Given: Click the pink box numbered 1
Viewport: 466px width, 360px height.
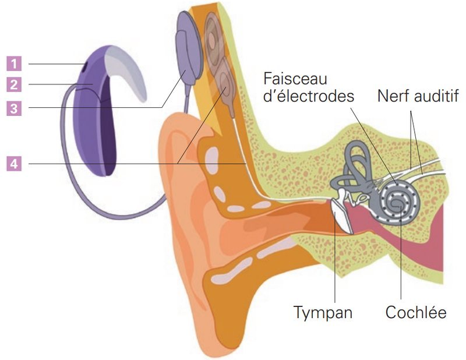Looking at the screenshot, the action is point(14,63).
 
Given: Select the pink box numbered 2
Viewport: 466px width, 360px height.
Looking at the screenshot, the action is point(14,84).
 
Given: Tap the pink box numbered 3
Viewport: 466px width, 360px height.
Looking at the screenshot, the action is point(14,108).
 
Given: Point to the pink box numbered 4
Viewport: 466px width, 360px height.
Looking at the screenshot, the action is point(14,164).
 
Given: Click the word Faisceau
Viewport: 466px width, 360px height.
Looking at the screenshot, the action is point(295,79).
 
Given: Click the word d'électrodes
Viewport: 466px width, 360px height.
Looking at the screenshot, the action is point(309,96).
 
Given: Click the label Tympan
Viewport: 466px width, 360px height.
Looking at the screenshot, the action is point(323,313).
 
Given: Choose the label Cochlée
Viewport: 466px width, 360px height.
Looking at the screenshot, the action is point(416,312).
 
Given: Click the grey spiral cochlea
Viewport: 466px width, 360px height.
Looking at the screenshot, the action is point(398,202).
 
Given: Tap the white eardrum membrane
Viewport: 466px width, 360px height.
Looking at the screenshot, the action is point(341,216).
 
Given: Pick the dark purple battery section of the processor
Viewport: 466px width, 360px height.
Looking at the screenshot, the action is point(108,131).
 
